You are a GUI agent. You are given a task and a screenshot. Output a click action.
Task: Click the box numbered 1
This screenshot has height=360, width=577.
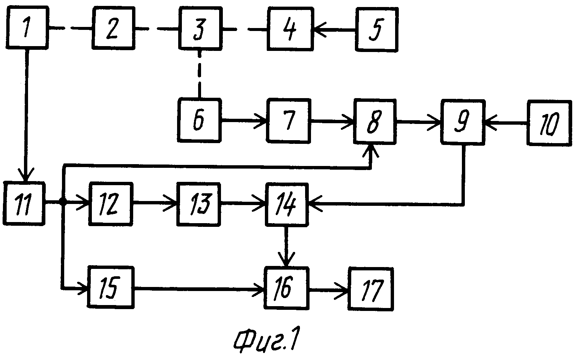pyautogui.click(x=27, y=28)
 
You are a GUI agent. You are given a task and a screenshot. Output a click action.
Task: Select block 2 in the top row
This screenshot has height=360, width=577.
pyautogui.click(x=114, y=28)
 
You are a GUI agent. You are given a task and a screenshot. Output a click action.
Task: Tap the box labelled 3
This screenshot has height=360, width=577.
pyautogui.click(x=201, y=28)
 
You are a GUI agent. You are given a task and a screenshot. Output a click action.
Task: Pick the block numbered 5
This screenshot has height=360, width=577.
pyautogui.click(x=377, y=30)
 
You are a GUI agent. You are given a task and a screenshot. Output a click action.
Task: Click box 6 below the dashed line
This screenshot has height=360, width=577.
pyautogui.click(x=199, y=120)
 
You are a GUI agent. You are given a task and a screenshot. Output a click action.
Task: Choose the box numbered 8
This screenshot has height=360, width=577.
pyautogui.click(x=375, y=122)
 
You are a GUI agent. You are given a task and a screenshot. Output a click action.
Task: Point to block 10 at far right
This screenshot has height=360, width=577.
pyautogui.click(x=549, y=123)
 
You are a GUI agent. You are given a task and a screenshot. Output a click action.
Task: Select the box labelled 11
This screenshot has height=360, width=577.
pyautogui.click(x=24, y=204)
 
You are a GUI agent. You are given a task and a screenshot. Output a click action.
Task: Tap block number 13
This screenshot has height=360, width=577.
pyautogui.click(x=198, y=204)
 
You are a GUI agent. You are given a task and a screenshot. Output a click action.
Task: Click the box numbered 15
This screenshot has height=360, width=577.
pyautogui.click(x=111, y=287)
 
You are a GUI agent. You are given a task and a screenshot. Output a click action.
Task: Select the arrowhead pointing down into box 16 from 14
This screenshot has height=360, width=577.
pyautogui.click(x=286, y=259)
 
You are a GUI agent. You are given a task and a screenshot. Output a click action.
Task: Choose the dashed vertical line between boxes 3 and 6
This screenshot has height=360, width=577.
pyautogui.click(x=200, y=74)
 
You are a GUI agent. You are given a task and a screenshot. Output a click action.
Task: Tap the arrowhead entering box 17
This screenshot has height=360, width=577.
pyautogui.click(x=342, y=291)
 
